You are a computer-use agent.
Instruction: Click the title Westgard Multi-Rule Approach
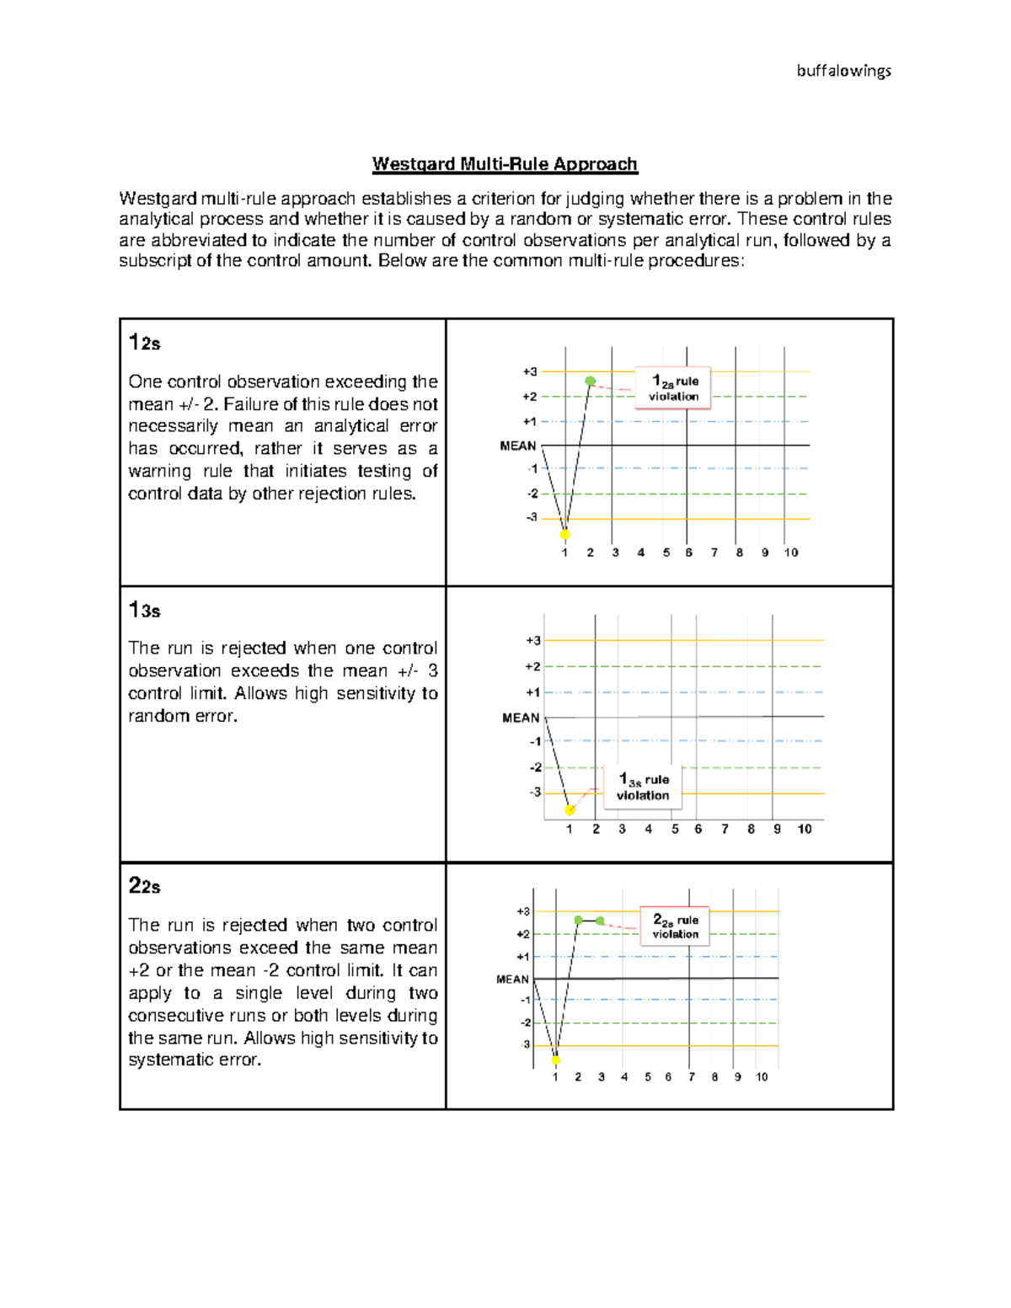click(x=505, y=164)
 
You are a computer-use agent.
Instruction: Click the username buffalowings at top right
click(x=843, y=72)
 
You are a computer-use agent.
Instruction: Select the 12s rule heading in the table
click(x=144, y=342)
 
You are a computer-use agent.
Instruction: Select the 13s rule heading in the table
click(x=144, y=610)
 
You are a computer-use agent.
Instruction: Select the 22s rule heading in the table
click(x=144, y=885)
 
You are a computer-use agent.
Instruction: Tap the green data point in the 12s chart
click(x=591, y=382)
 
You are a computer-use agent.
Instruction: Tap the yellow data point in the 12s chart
click(x=565, y=534)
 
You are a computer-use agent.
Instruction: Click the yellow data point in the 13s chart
click(x=570, y=810)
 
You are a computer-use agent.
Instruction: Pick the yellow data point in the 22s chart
click(x=556, y=1060)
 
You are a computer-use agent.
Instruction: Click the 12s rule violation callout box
click(x=673, y=388)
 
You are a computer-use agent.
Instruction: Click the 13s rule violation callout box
click(x=643, y=787)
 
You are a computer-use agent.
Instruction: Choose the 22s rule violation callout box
click(x=676, y=926)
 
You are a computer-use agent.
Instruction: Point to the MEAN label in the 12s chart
click(x=518, y=446)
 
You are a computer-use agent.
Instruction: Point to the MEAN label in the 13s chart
click(x=521, y=718)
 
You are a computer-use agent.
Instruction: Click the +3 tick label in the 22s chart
click(x=523, y=911)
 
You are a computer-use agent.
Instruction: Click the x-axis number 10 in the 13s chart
click(x=804, y=829)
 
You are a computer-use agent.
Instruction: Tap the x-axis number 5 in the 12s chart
click(x=666, y=553)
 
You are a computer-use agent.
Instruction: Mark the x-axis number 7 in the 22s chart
click(x=692, y=1076)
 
